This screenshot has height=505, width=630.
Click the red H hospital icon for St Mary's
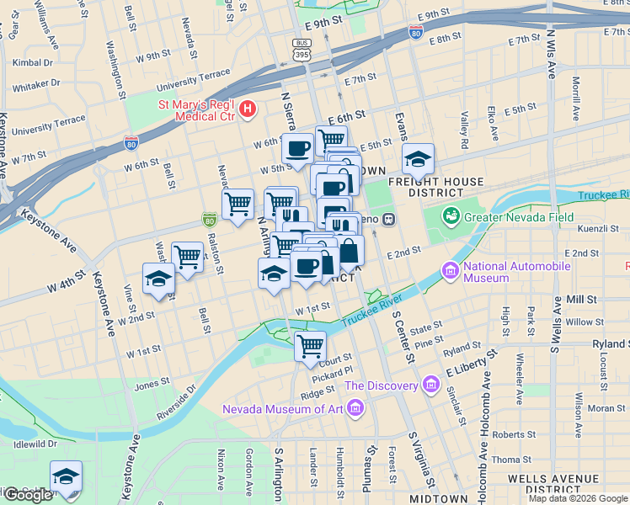[x=247, y=109]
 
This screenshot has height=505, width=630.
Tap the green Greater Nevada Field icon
[x=453, y=216]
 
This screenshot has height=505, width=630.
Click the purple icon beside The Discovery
[x=430, y=385]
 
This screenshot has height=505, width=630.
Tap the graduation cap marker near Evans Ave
[x=417, y=157]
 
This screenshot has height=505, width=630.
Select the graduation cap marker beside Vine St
[x=158, y=279]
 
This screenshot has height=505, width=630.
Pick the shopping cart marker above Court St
[x=310, y=343]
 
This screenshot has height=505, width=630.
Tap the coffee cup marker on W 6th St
[x=297, y=148]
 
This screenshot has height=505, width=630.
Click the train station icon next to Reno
[x=388, y=220]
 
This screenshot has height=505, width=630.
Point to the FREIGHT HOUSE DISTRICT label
[x=435, y=187]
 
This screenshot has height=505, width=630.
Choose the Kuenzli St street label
[x=598, y=228]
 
